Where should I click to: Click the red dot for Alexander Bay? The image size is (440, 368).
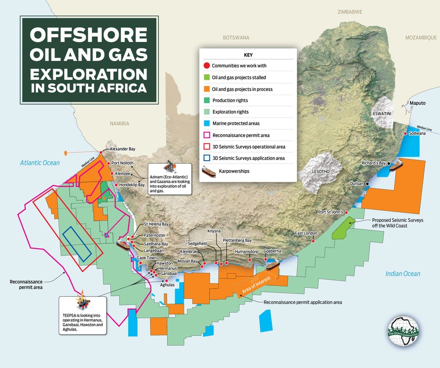pos(101,152)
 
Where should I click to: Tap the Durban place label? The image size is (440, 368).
pos(357,184)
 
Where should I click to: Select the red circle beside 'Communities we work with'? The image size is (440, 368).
pos(206,66)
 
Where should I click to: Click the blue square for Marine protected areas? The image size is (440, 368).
pos(206,123)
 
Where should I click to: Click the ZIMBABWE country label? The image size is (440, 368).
pos(350,11)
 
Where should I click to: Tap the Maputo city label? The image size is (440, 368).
pos(417,103)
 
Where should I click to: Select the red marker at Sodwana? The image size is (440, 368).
pos(405,134)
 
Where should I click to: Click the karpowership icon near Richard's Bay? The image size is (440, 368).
pos(397,165)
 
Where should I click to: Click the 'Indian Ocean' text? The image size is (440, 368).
pos(403,274)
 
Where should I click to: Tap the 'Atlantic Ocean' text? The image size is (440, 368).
pos(40,163)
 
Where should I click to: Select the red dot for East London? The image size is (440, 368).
pos(313,241)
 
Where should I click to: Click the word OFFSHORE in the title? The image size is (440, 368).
pos(89,35)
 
